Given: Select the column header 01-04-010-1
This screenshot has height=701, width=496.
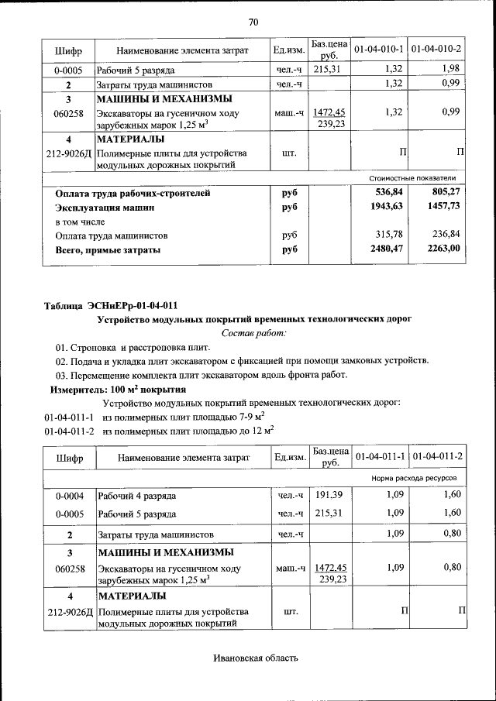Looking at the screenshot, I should click(x=379, y=50).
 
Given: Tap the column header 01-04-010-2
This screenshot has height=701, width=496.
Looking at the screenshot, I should click(x=436, y=50).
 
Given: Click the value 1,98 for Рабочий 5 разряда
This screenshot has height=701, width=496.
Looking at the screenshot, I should click(x=451, y=69).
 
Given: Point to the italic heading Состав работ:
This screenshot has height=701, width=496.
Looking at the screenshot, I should click(x=253, y=332).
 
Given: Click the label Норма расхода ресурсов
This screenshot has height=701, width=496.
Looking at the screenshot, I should click(x=416, y=479).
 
